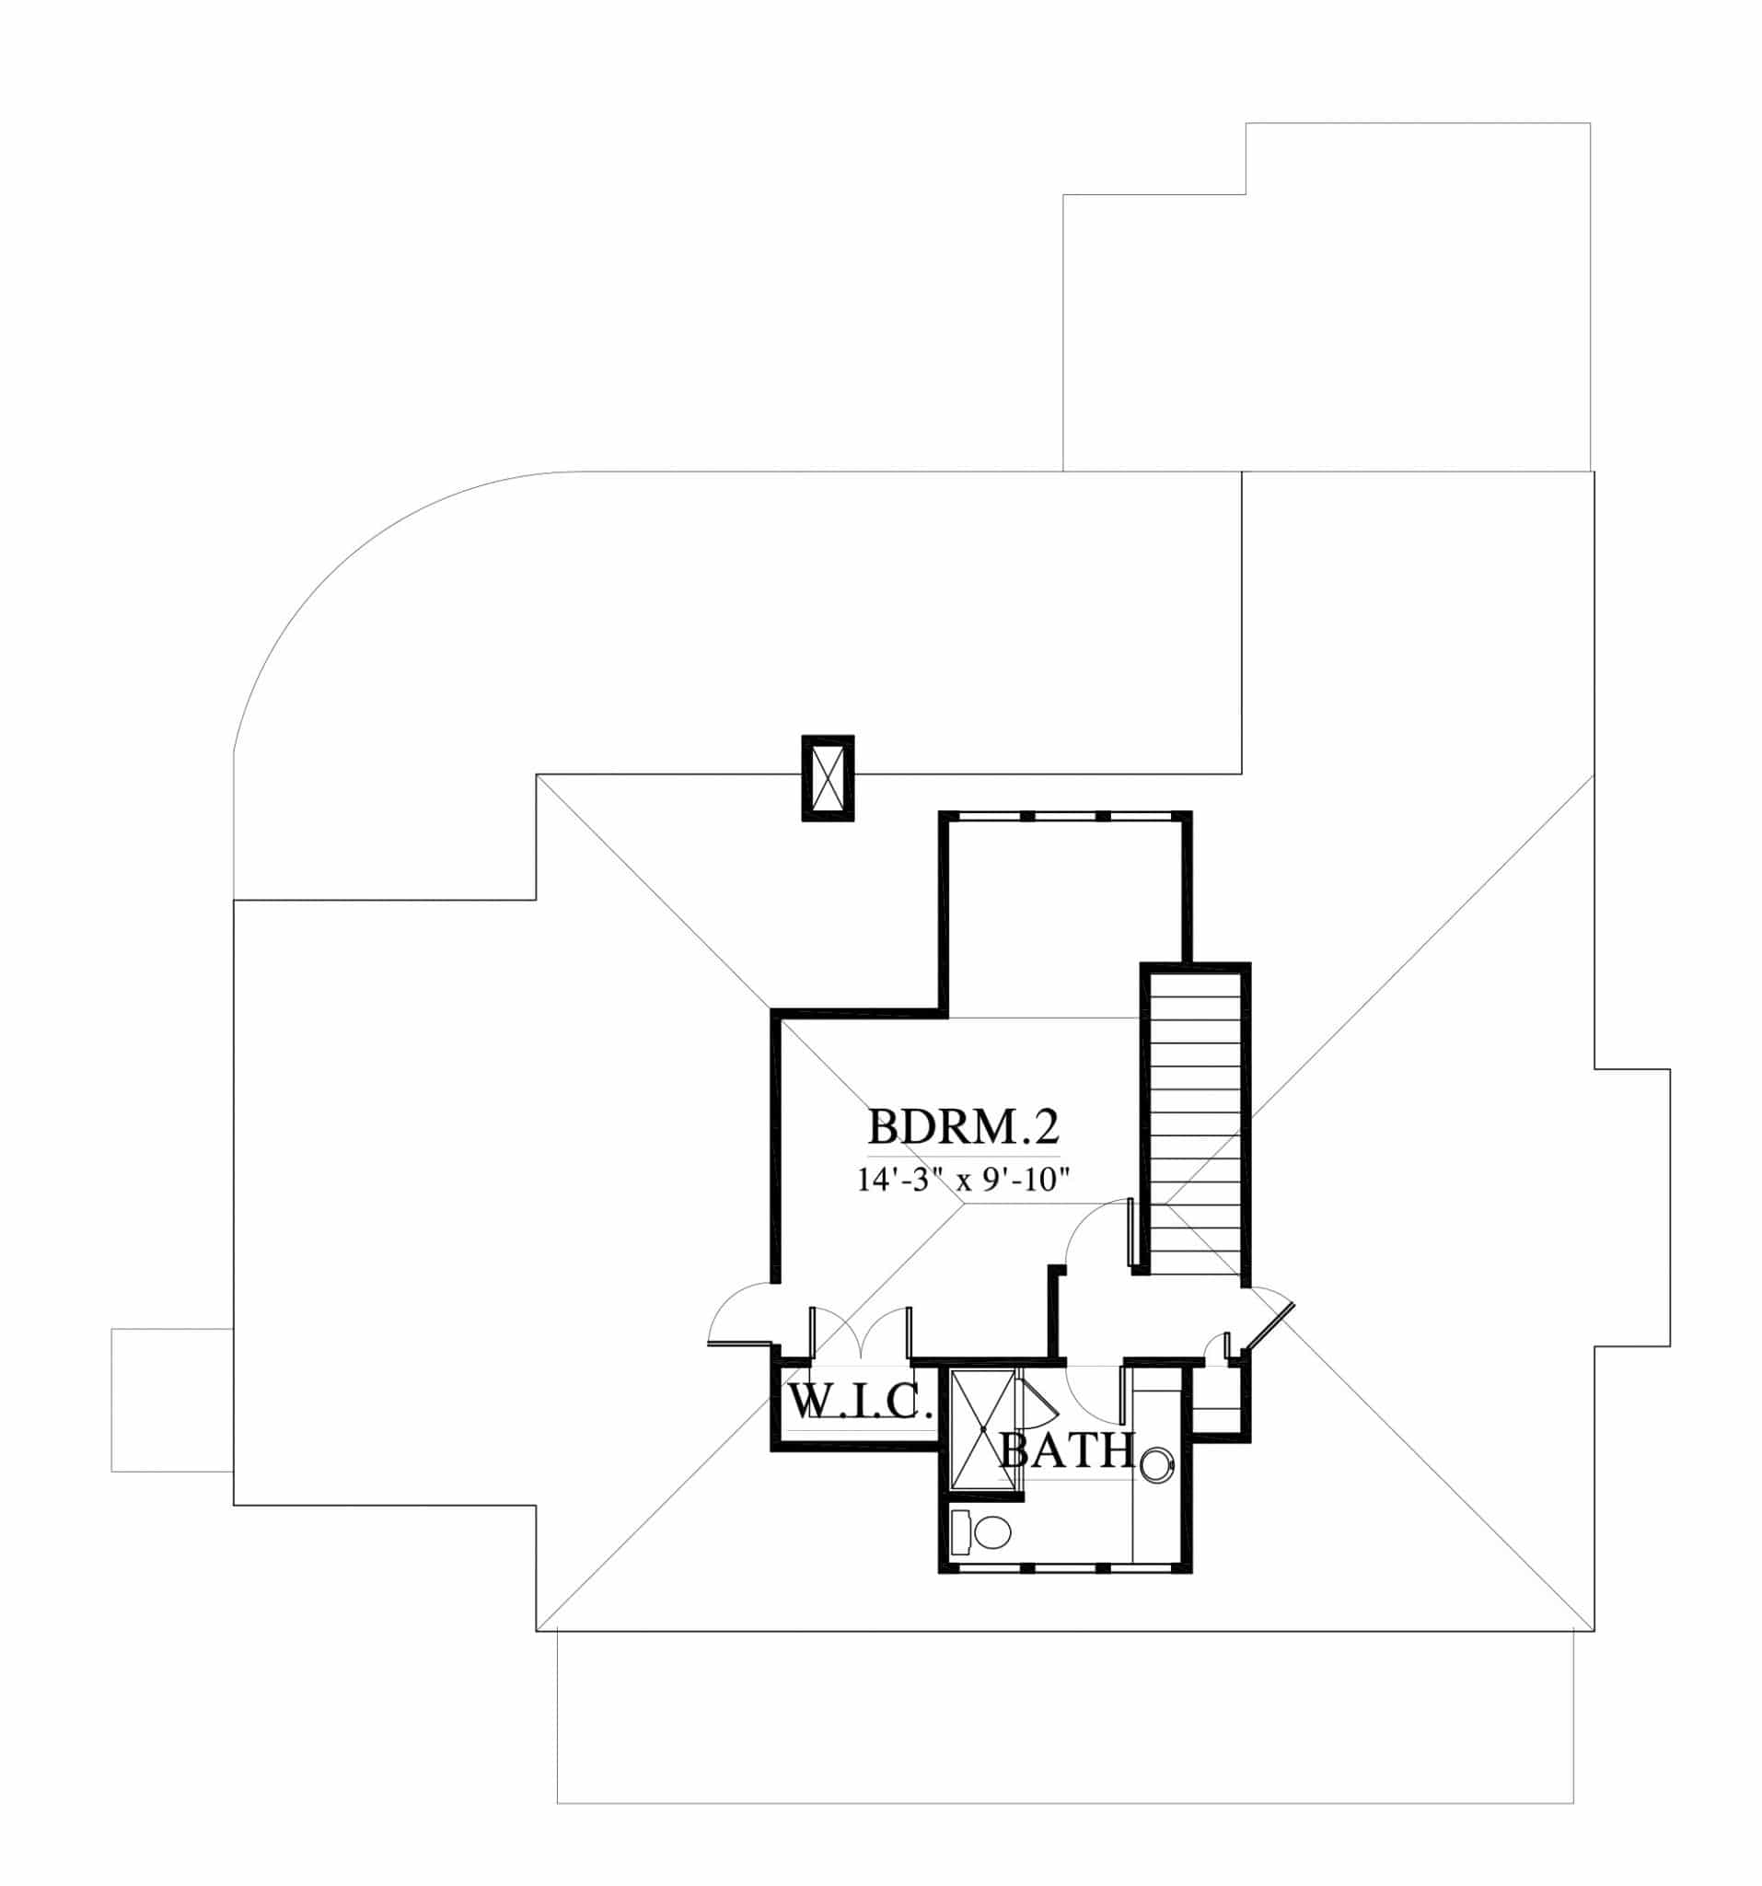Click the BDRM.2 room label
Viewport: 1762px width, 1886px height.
point(963,1128)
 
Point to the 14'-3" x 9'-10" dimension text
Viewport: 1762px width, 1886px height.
point(964,1181)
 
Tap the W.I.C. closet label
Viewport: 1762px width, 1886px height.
point(855,1402)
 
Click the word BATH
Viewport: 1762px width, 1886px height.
point(1068,1450)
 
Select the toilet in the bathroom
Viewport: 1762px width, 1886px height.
point(980,1531)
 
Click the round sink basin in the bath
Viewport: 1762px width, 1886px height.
point(1156,1465)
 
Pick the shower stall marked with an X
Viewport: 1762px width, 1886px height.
point(982,1429)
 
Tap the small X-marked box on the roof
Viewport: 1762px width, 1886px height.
point(828,778)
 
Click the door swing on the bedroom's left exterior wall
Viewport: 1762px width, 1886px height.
point(742,1314)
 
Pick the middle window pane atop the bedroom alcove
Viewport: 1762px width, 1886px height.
point(1064,815)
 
